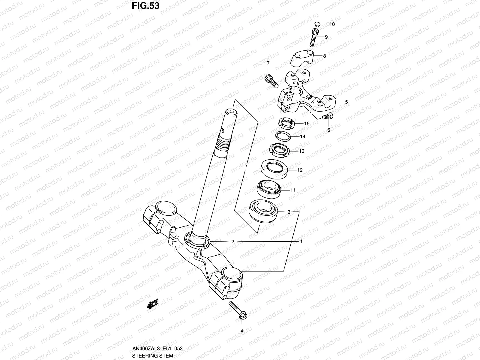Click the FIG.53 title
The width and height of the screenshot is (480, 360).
pos(145,6)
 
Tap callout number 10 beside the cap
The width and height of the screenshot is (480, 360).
pos(332,24)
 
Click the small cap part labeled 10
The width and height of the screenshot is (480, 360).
pos(318,23)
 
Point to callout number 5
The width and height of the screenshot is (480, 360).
pos(346,102)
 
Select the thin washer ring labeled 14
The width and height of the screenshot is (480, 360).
pos(283,136)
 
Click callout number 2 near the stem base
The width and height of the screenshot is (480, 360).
pos(232,241)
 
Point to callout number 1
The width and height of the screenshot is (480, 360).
pos(301,241)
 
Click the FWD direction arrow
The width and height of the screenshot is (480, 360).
pos(152,304)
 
